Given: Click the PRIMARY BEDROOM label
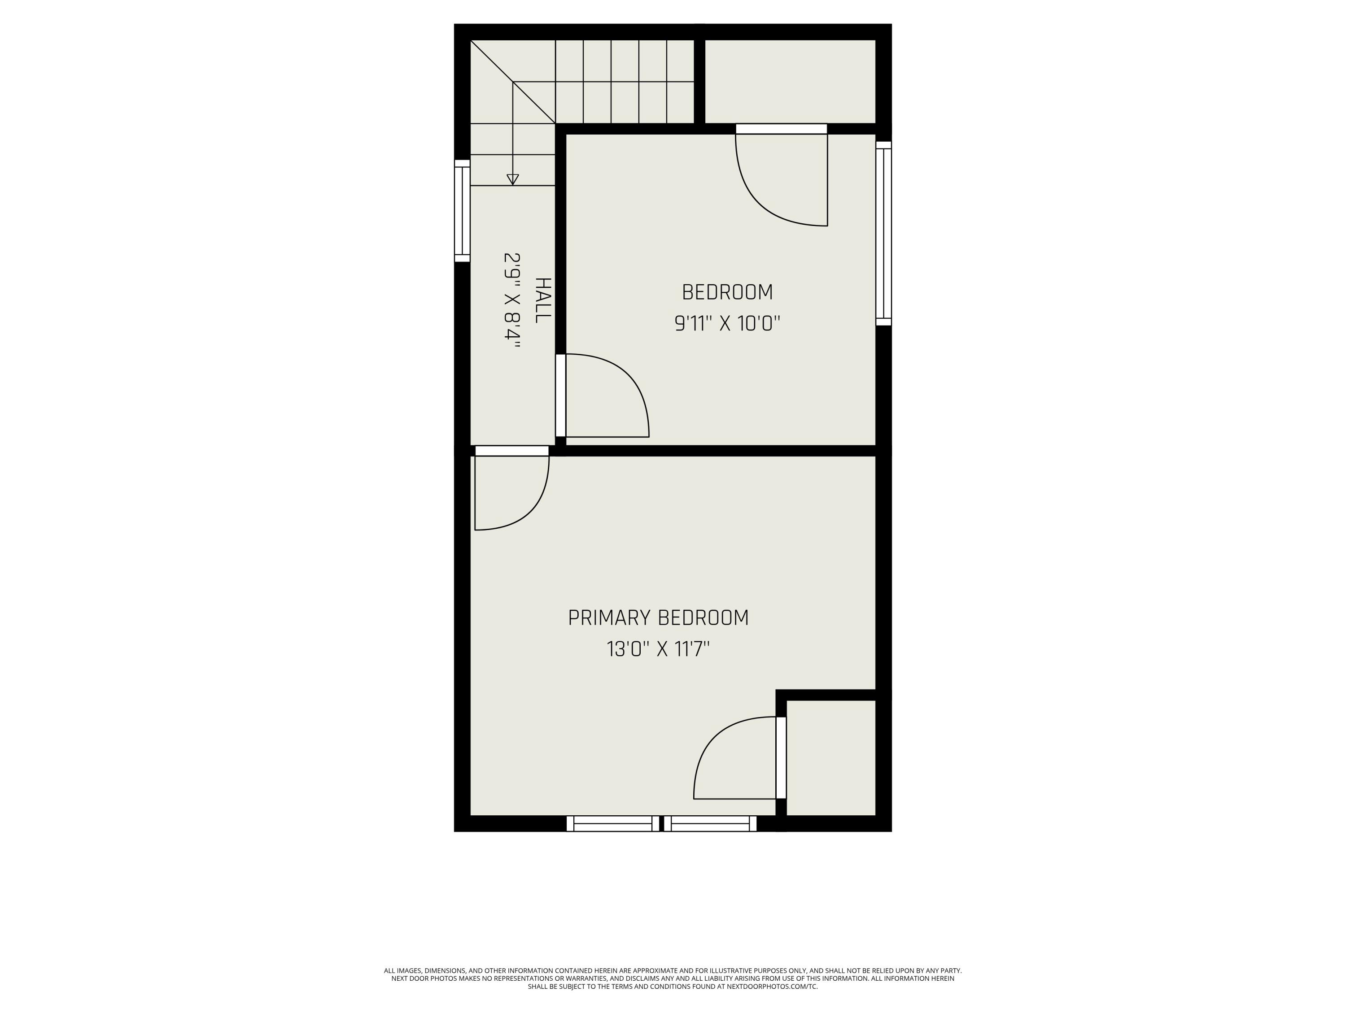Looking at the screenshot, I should point(658,618).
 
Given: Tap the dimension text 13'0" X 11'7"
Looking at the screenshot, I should point(658,649).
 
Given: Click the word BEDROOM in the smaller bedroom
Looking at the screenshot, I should point(727,292).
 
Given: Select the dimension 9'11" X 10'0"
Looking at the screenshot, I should point(727,324).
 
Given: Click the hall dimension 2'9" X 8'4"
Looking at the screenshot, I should point(512,300).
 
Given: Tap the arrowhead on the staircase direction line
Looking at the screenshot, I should point(513,179).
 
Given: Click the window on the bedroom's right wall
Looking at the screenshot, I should point(883,234).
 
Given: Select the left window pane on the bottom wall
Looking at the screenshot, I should point(613,823).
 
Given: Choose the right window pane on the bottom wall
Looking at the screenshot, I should point(710,823).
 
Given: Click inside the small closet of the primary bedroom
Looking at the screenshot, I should point(830,757).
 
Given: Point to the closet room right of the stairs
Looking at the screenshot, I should point(790,82).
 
